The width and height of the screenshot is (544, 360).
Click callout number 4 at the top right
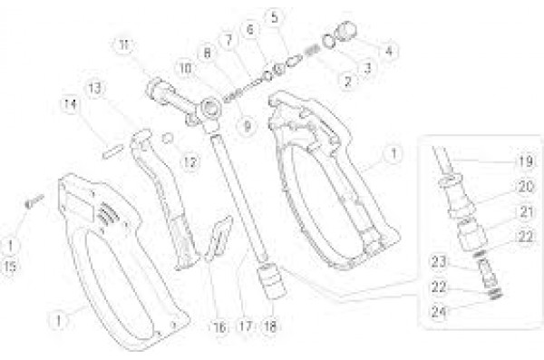(389, 51)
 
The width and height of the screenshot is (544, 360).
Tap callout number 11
(124, 44)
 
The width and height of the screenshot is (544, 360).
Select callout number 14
(71, 104)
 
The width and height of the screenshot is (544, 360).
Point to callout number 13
(94, 88)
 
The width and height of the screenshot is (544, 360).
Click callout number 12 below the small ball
(189, 161)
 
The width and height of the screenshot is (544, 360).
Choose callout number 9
(247, 126)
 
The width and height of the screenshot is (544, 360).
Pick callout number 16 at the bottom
(219, 326)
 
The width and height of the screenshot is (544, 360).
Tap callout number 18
(270, 326)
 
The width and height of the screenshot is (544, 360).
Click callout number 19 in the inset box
(526, 161)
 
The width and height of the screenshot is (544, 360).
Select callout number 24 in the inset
(439, 311)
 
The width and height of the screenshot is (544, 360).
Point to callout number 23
(439, 261)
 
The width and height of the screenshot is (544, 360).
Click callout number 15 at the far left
(10, 267)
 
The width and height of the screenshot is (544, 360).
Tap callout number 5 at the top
(275, 17)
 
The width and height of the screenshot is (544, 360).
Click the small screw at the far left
(34, 201)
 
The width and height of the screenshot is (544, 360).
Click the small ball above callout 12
(168, 138)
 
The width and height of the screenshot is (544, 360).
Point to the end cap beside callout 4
(345, 33)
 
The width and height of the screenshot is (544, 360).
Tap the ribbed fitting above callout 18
(274, 281)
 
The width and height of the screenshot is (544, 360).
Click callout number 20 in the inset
(526, 187)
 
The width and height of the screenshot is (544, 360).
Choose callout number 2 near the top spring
(347, 82)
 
